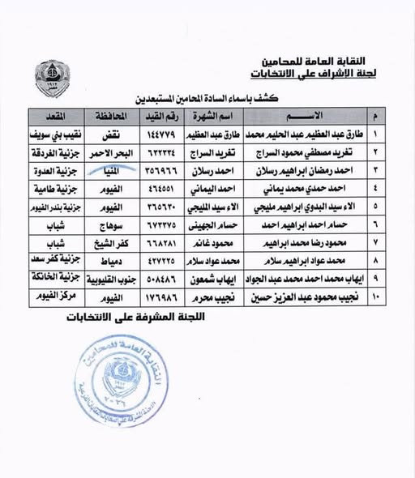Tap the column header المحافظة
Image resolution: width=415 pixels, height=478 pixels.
[x=106, y=114]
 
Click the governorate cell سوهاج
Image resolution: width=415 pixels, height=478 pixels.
[x=106, y=223]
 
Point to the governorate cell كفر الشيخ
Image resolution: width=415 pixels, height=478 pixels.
[x=106, y=241]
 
